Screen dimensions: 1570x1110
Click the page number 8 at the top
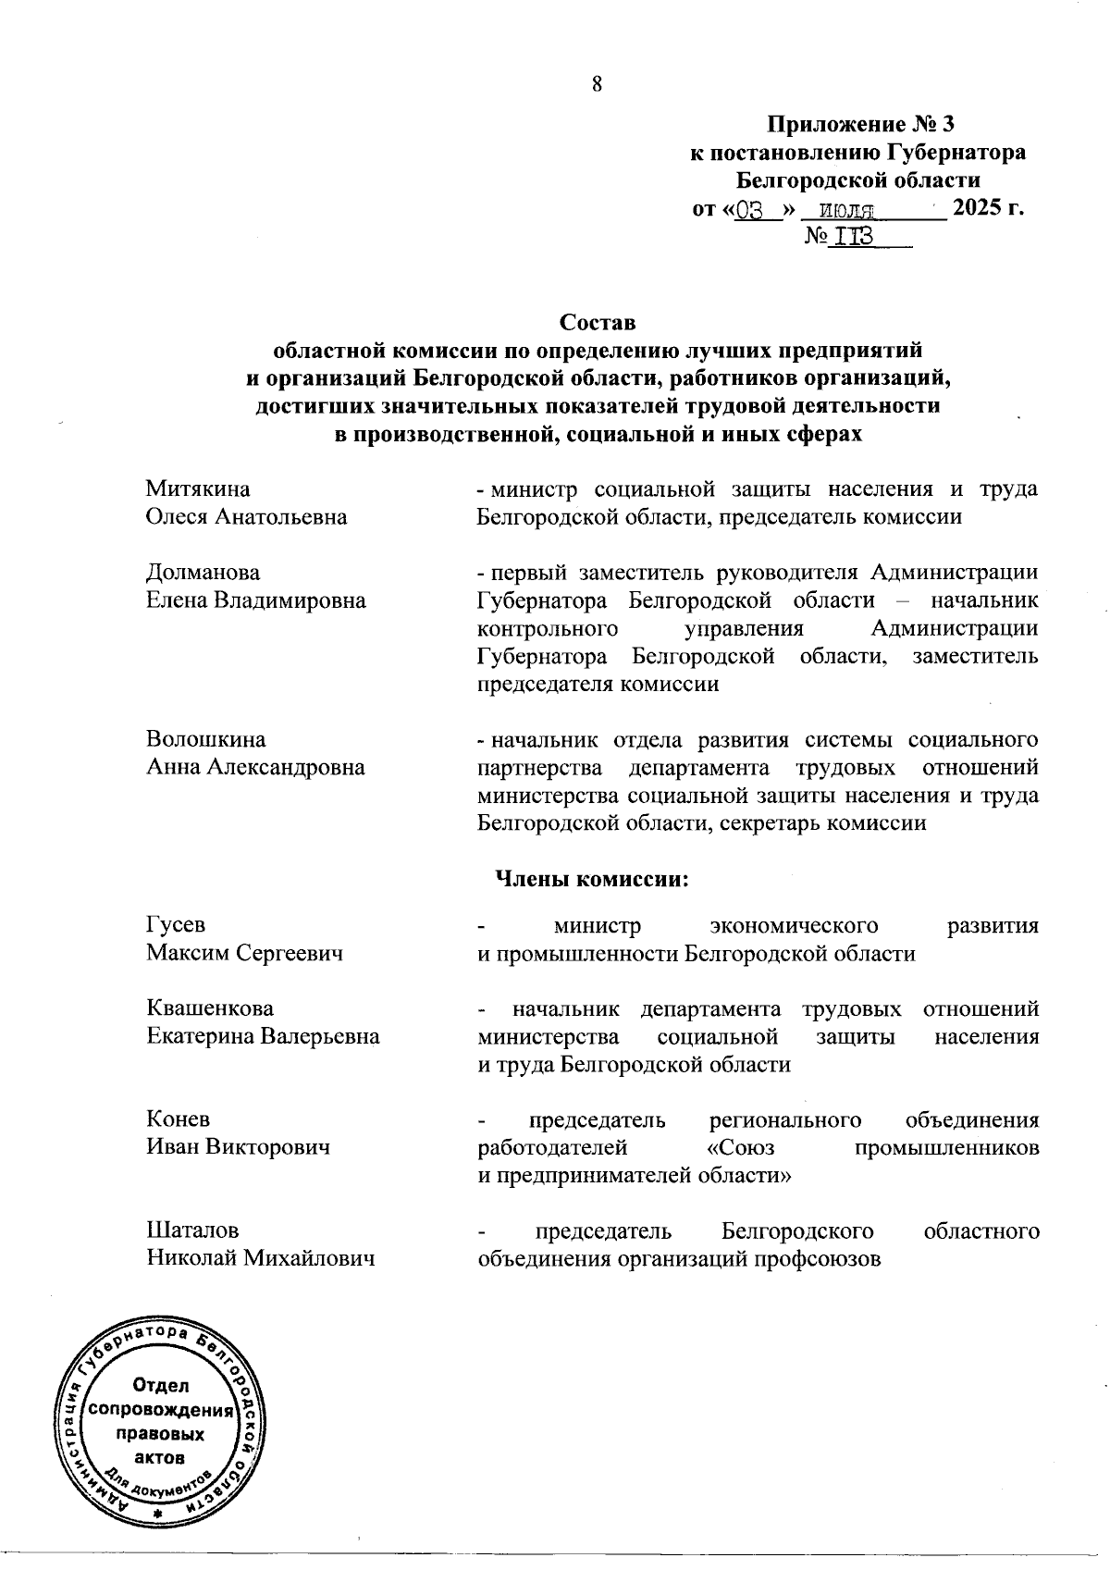597,84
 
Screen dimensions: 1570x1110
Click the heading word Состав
598,323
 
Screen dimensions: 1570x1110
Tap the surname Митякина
198,488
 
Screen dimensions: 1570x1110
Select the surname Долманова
203,572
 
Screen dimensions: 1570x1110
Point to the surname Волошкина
205,739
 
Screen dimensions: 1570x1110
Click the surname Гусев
176,925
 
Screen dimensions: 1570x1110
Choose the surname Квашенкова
210,1008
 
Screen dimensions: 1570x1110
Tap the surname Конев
179,1119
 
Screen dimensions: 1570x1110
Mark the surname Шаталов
192,1230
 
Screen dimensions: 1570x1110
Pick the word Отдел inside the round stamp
160,1385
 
